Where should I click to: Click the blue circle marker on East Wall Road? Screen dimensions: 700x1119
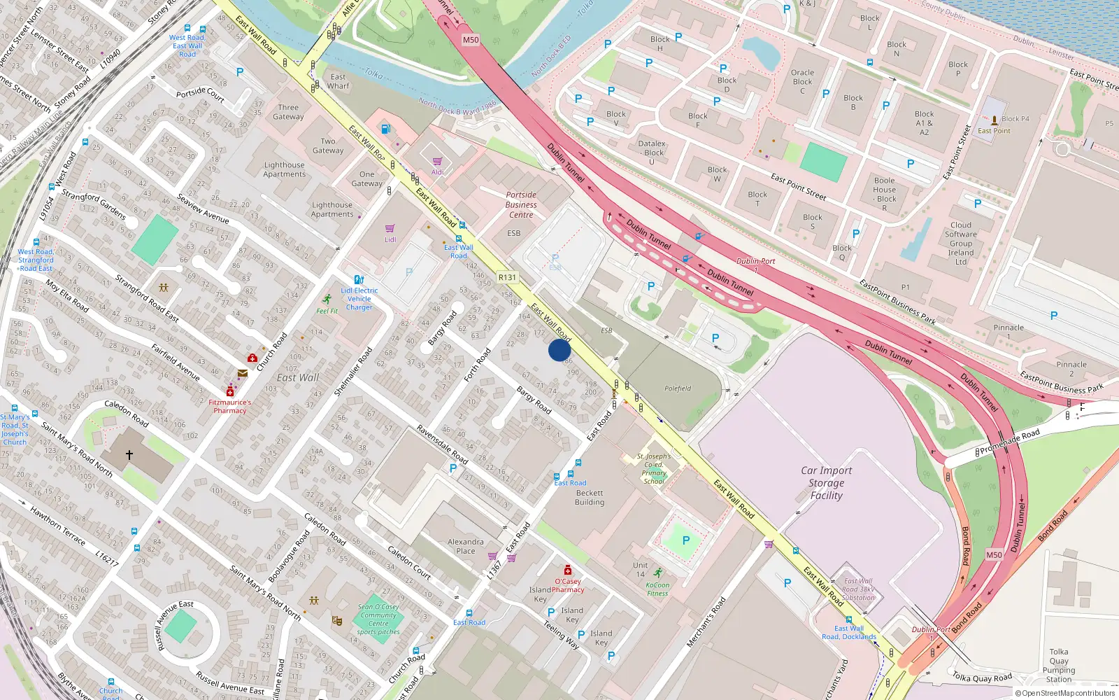(x=559, y=350)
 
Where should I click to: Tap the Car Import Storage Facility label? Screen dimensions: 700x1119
(x=826, y=483)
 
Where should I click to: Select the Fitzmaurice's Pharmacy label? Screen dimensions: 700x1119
(x=229, y=407)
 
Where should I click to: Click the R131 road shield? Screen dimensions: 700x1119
(x=507, y=277)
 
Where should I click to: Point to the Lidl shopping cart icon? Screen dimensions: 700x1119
(x=390, y=229)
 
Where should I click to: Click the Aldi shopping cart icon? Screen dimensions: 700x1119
(x=437, y=162)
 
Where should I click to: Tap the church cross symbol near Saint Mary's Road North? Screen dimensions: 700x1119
(x=129, y=455)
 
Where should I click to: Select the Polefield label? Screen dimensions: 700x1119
(x=678, y=388)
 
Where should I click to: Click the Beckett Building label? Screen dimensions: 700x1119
(x=589, y=498)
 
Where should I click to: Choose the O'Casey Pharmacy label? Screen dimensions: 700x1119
(x=568, y=585)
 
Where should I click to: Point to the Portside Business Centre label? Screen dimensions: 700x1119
(x=521, y=205)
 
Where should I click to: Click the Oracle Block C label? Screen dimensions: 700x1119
(x=802, y=81)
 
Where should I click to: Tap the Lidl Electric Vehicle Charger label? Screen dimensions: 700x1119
(x=359, y=299)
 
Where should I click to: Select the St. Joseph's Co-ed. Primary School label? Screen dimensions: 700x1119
(x=654, y=468)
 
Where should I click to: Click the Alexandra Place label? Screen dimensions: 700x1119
(x=465, y=546)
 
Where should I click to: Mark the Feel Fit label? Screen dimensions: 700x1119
(x=327, y=311)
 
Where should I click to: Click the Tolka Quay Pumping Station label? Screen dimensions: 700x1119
(x=1059, y=665)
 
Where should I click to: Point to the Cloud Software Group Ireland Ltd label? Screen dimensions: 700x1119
(x=961, y=244)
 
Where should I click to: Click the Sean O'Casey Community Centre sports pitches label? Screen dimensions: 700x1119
(x=378, y=619)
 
